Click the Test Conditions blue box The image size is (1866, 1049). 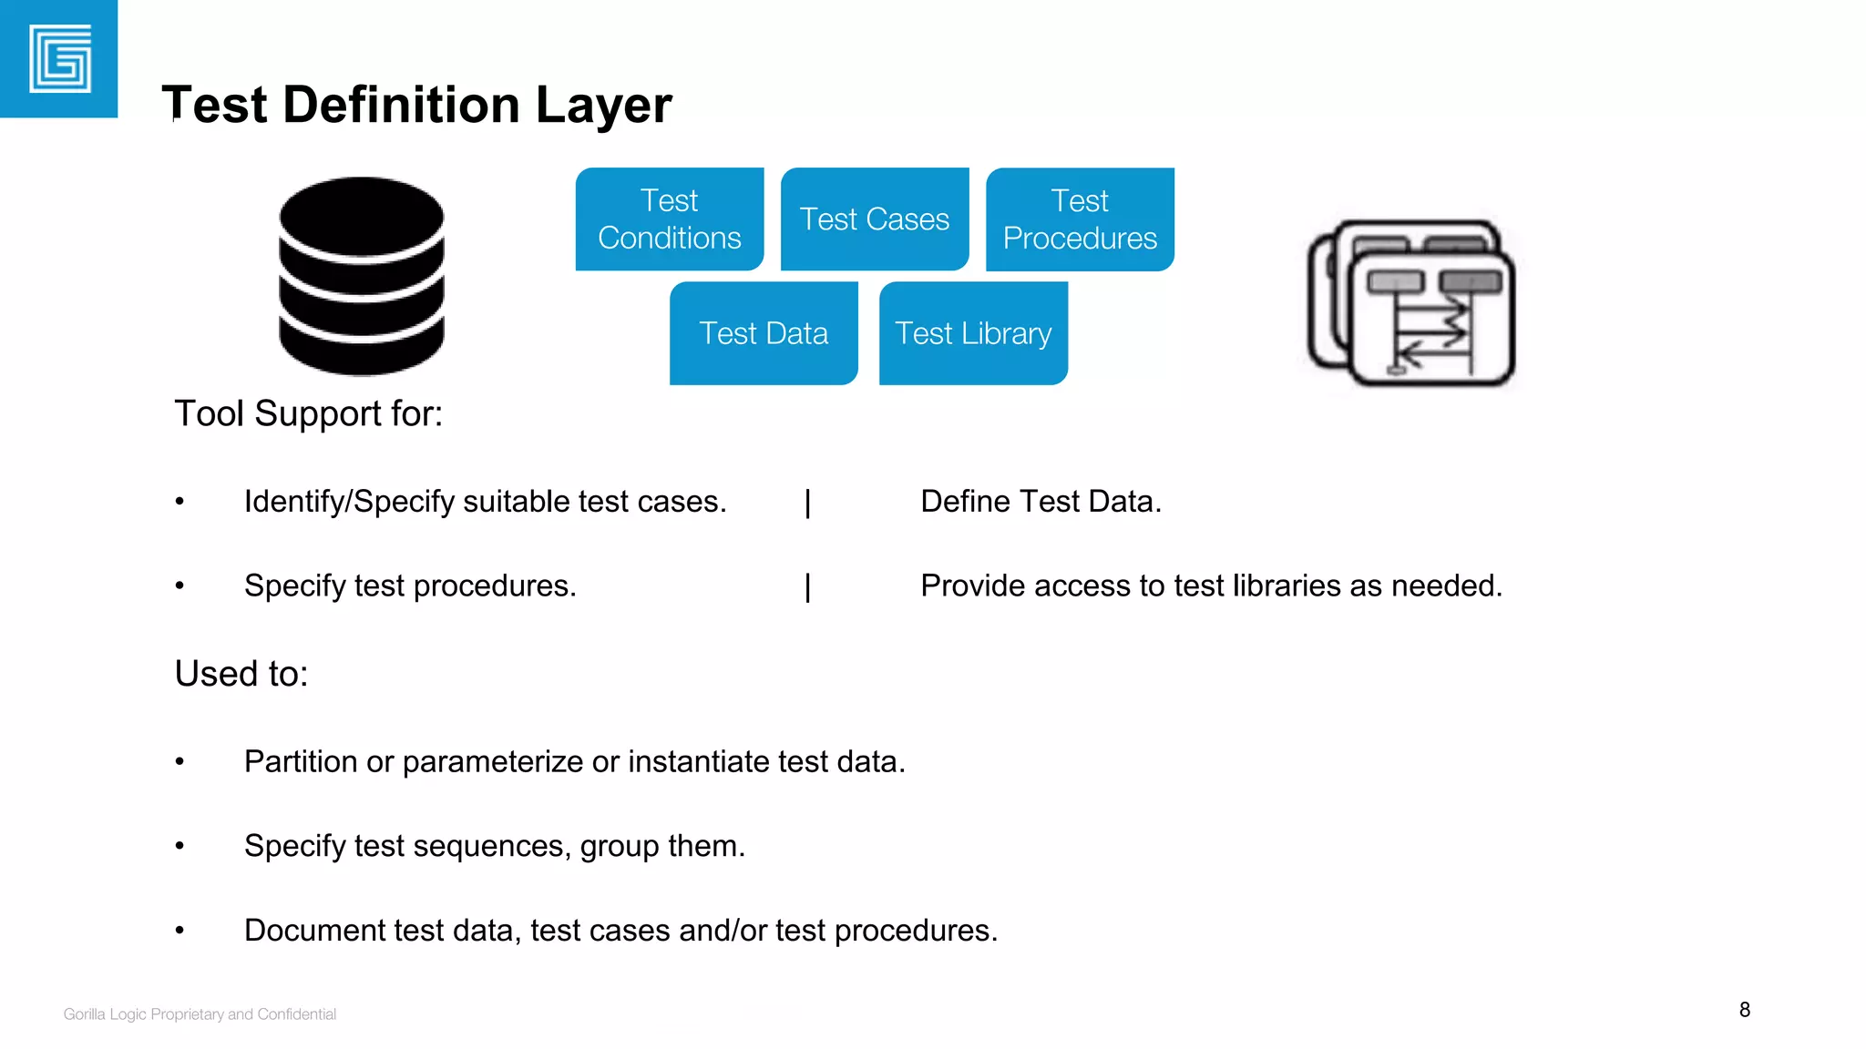click(670, 219)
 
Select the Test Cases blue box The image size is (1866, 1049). click(875, 219)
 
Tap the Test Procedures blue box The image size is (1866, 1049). click(1080, 219)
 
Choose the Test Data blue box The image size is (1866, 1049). click(764, 333)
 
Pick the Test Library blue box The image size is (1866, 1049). click(973, 333)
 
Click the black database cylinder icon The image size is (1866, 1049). click(362, 276)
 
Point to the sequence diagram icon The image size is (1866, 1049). click(1411, 303)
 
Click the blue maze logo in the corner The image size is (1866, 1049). click(59, 59)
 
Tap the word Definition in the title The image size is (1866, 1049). click(403, 105)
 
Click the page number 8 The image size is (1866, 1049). click(1745, 1010)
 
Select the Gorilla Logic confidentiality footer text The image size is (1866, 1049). click(200, 1014)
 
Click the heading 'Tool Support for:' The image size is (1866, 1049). click(309, 414)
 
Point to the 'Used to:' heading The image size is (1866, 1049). click(241, 674)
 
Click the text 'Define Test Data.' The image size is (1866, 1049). click(1041, 502)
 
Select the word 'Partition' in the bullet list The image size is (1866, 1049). click(301, 761)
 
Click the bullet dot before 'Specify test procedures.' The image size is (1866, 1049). click(180, 586)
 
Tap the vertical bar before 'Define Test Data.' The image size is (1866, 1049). click(808, 503)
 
